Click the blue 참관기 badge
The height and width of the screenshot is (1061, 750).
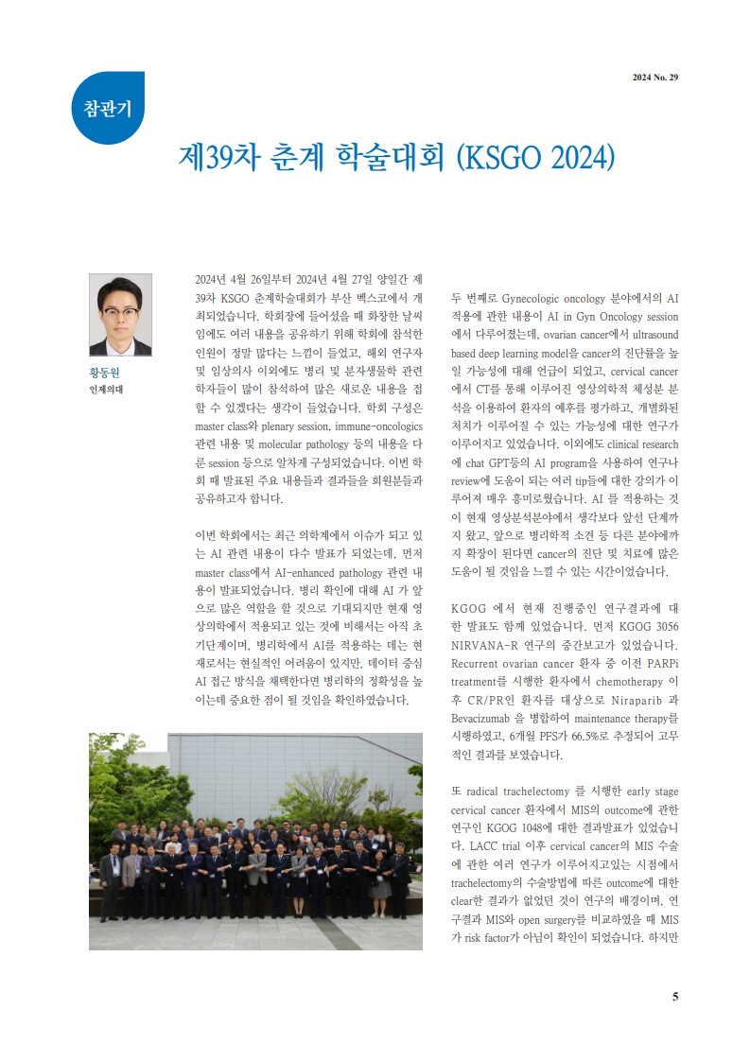click(107, 106)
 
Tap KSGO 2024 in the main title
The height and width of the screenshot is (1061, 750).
click(535, 155)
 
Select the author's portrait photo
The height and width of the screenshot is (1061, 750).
click(120, 315)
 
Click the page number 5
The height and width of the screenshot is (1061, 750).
click(675, 996)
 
